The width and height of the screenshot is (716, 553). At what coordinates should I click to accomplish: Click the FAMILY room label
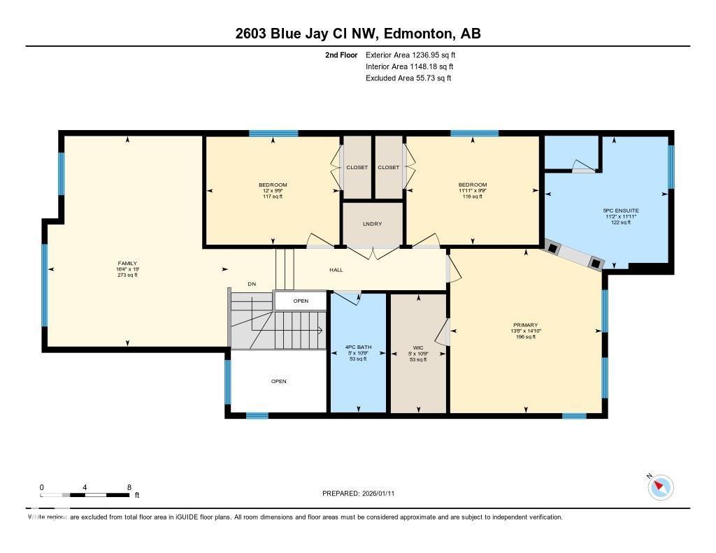(x=127, y=263)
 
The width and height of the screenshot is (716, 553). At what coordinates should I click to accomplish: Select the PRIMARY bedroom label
(x=525, y=325)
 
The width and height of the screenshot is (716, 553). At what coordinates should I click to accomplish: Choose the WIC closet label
(x=417, y=347)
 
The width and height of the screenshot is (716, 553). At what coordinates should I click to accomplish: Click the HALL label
(x=336, y=270)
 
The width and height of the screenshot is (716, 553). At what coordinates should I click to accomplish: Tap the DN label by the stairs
(x=252, y=284)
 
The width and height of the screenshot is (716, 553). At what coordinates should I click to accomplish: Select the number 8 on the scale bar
(x=129, y=487)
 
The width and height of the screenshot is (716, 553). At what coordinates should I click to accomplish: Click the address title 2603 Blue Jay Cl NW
(x=357, y=34)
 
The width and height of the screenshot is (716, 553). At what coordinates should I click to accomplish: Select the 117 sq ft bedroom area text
(x=273, y=196)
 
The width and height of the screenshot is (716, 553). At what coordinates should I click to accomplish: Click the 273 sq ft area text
(x=127, y=275)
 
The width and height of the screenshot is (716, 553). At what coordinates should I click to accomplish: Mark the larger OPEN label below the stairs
(x=278, y=381)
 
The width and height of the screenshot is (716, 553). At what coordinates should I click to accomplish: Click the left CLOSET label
(x=357, y=167)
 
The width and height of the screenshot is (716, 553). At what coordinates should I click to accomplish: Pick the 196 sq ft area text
(x=525, y=337)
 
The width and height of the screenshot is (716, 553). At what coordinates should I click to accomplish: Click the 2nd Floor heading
(x=341, y=55)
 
